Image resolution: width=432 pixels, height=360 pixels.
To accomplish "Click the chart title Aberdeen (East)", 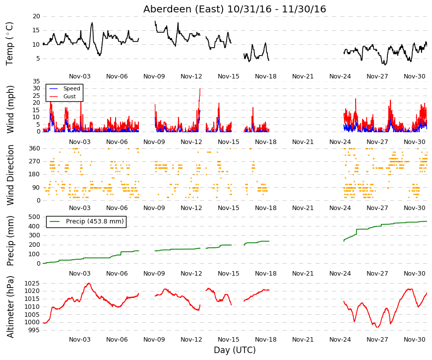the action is coord(184,9).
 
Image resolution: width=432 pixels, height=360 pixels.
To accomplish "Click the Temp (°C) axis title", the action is coord(9,44).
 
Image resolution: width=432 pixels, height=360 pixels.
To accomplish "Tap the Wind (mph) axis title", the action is coord(10,109).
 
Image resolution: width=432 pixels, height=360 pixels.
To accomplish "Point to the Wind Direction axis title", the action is coord(10,175).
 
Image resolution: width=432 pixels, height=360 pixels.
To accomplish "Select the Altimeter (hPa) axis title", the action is coord(10,307).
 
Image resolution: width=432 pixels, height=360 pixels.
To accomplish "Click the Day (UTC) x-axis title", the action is coord(235,350).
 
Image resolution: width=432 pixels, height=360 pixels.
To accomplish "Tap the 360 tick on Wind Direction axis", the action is coord(34,148).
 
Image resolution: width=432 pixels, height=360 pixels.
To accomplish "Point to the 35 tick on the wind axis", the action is coord(36,81).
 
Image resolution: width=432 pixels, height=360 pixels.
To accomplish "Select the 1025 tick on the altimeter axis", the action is coord(32,284).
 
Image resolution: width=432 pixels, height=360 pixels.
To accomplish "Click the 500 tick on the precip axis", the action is coord(34,217).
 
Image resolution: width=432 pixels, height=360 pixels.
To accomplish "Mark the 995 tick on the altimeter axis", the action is coord(34,330).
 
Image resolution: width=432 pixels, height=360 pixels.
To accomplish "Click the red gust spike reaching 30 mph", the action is coord(200,89).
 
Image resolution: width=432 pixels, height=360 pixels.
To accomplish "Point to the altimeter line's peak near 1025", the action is coord(89,284).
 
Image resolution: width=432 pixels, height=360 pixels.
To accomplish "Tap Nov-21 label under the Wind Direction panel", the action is coord(303,208).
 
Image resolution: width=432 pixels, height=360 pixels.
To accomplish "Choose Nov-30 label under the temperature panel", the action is coord(414,76).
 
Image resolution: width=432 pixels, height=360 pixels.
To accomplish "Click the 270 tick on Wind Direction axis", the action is coord(34,161).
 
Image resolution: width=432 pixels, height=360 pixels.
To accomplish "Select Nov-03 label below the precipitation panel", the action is coord(80,274).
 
